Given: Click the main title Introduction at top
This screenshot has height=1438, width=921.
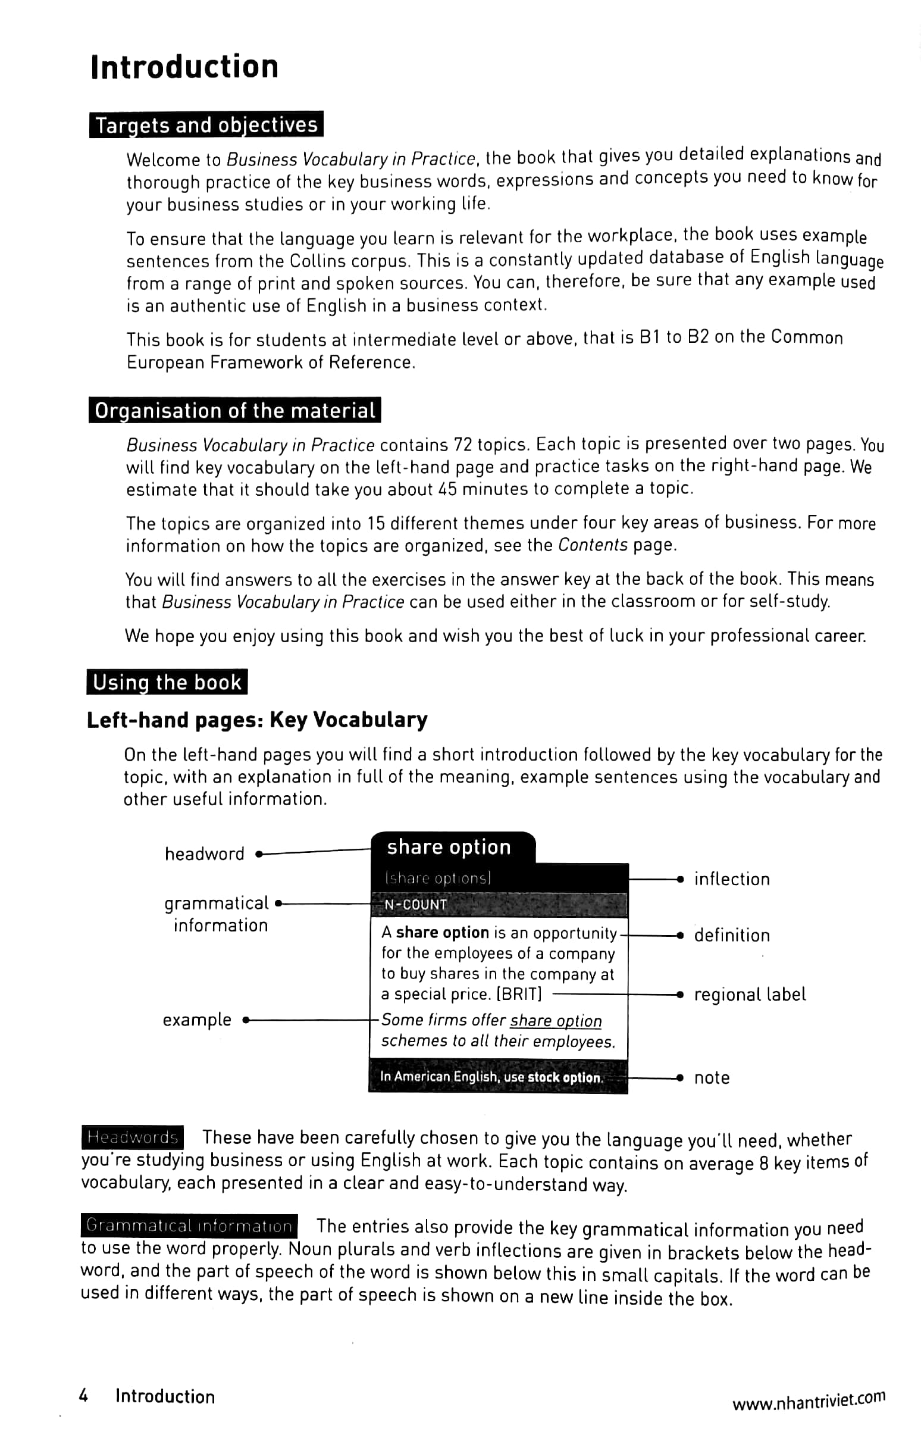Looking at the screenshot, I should tap(184, 67).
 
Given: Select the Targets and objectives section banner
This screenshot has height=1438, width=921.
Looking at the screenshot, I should tap(206, 125).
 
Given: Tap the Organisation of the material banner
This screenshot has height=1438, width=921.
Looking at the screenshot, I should tap(234, 410).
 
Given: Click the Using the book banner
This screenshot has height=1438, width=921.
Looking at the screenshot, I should tap(167, 682).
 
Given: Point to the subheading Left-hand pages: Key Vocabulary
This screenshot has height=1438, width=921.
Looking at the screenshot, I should tap(257, 720).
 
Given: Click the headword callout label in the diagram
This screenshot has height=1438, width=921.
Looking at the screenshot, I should tap(205, 854).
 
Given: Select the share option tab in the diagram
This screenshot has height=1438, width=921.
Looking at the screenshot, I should tap(449, 847).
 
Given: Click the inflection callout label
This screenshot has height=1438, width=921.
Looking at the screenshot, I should tap(732, 879).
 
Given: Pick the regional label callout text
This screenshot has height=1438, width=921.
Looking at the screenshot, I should tap(750, 995).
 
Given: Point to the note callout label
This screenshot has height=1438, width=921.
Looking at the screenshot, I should tap(712, 1078).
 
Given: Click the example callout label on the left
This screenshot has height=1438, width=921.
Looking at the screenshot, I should tap(197, 1020).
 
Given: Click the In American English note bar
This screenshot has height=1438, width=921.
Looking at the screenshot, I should tap(497, 1077).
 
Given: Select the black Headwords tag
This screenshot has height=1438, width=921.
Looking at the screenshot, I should tap(132, 1137).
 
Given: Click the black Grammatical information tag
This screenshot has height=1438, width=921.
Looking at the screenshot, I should tap(189, 1226).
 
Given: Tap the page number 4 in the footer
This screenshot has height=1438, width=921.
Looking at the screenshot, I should tap(84, 1396).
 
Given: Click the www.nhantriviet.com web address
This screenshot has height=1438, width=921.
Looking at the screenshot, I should tap(808, 1401).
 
